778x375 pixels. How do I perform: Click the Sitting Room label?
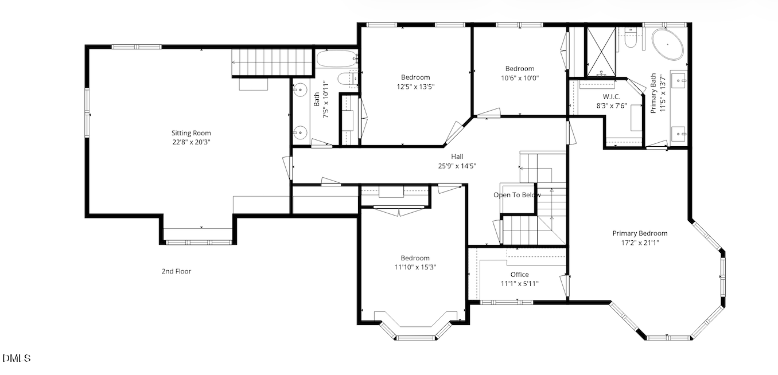point(188,133)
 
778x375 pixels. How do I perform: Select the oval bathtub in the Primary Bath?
point(667,45)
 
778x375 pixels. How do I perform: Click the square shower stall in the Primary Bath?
point(600,52)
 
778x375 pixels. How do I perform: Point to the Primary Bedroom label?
point(640,233)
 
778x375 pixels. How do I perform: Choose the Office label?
point(519,275)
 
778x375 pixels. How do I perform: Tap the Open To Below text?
point(517,195)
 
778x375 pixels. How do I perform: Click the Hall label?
point(457,157)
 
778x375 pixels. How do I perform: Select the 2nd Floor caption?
point(176,271)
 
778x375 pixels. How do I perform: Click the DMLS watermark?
point(16,358)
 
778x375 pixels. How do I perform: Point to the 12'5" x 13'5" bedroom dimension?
point(415,87)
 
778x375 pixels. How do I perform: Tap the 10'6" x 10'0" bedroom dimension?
point(519,78)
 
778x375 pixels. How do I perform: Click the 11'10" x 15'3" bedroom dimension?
point(415,267)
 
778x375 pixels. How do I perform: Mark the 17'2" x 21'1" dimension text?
point(640,242)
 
